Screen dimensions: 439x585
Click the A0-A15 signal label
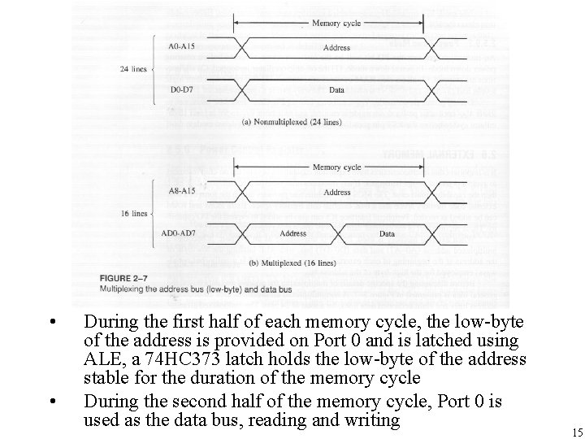click(x=181, y=47)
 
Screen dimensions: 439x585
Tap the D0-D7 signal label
click(x=181, y=89)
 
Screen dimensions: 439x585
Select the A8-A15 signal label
click(x=181, y=193)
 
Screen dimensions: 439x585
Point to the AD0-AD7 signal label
click(x=179, y=234)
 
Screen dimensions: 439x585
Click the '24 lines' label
click(x=132, y=69)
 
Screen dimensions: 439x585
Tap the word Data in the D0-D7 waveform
click(x=336, y=89)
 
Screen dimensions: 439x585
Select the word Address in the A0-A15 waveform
click(x=336, y=48)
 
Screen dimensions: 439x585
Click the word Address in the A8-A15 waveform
click(x=336, y=193)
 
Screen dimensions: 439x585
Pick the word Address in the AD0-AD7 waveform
click(x=293, y=234)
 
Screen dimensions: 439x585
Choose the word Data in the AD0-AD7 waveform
click(x=387, y=234)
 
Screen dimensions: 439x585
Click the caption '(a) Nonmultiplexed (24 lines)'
click(x=292, y=123)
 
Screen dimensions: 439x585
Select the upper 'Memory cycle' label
click(x=336, y=22)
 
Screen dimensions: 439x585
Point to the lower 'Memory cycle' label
click(x=336, y=167)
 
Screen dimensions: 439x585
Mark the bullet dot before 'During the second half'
click(x=52, y=400)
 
